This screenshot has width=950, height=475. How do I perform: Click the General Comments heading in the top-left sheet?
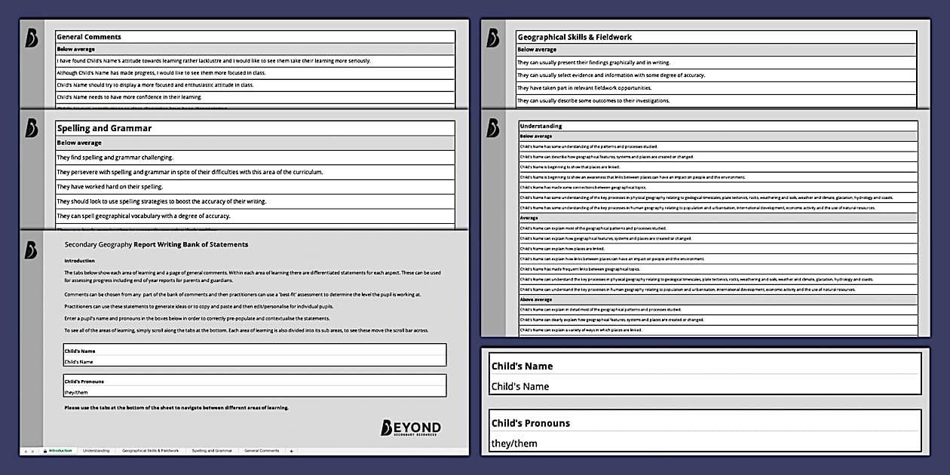click(x=89, y=37)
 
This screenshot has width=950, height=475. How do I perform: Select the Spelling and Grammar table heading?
click(x=105, y=128)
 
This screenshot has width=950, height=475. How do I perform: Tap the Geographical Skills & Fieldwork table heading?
click(x=575, y=37)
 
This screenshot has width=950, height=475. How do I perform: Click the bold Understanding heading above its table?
click(x=541, y=126)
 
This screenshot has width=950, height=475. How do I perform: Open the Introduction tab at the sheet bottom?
click(x=60, y=451)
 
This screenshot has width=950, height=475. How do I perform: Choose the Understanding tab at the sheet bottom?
click(x=96, y=451)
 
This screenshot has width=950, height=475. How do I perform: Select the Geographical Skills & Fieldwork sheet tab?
click(x=150, y=451)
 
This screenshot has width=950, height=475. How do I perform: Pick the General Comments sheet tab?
click(x=260, y=451)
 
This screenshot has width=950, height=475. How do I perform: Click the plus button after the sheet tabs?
click(x=292, y=451)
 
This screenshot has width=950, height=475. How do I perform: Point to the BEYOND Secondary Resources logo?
click(x=411, y=428)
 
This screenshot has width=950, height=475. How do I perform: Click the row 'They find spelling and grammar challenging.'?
click(x=115, y=158)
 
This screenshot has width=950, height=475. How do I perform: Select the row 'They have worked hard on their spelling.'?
click(x=110, y=187)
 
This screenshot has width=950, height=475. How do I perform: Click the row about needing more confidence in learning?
click(x=129, y=97)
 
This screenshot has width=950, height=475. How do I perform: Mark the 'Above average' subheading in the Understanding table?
click(x=536, y=299)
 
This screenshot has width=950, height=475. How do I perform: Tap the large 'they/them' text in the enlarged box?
click(x=514, y=443)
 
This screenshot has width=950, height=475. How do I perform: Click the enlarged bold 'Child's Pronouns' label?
click(x=531, y=423)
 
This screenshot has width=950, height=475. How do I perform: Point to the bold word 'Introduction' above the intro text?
click(x=79, y=261)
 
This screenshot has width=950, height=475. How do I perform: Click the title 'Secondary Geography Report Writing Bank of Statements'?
click(x=156, y=244)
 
